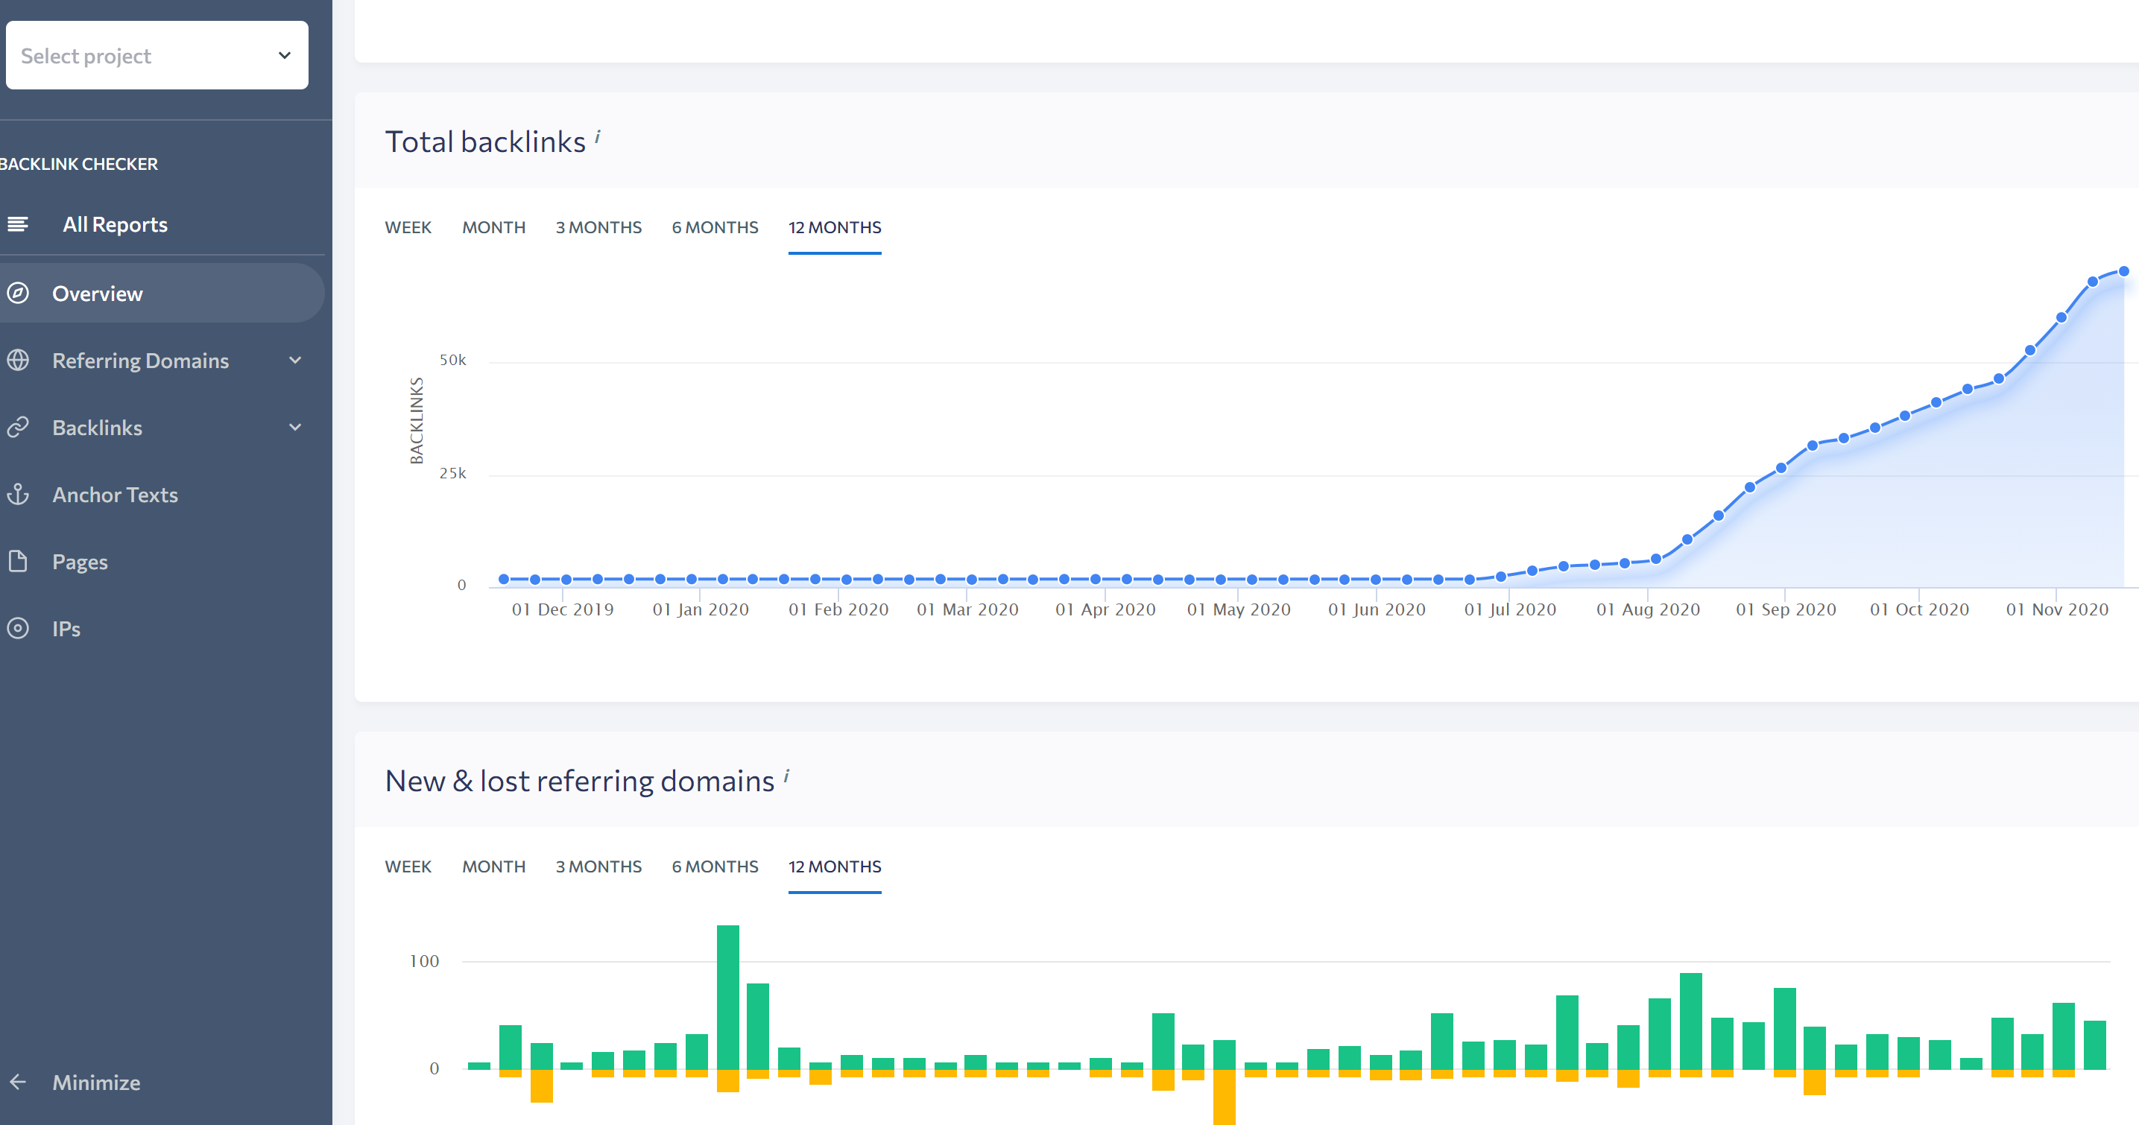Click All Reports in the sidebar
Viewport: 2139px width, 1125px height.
(x=115, y=224)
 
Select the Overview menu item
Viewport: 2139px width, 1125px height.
(x=97, y=294)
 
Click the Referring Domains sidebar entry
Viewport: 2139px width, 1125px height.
(x=139, y=361)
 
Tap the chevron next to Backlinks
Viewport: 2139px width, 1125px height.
(x=295, y=428)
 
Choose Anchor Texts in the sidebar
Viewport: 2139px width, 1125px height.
(x=115, y=495)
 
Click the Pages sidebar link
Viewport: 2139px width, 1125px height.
(x=80, y=562)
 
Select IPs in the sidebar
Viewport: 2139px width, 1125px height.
(x=66, y=630)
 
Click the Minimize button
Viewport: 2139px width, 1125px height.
(x=95, y=1083)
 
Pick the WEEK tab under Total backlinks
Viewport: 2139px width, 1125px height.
(x=408, y=227)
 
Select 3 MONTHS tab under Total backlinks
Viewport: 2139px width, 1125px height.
(x=598, y=227)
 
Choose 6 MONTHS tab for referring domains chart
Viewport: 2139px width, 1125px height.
(x=714, y=866)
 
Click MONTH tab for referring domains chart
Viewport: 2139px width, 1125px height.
(x=493, y=866)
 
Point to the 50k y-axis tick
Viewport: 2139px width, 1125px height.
(x=452, y=361)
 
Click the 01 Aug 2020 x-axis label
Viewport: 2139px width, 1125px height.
(x=1647, y=609)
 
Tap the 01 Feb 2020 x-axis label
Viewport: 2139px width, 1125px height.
(x=838, y=609)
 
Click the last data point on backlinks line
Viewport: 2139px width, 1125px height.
(x=2123, y=271)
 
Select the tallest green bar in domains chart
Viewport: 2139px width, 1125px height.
(x=727, y=996)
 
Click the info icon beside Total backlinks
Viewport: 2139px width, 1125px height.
(x=597, y=137)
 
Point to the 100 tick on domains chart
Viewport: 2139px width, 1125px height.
(x=423, y=961)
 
